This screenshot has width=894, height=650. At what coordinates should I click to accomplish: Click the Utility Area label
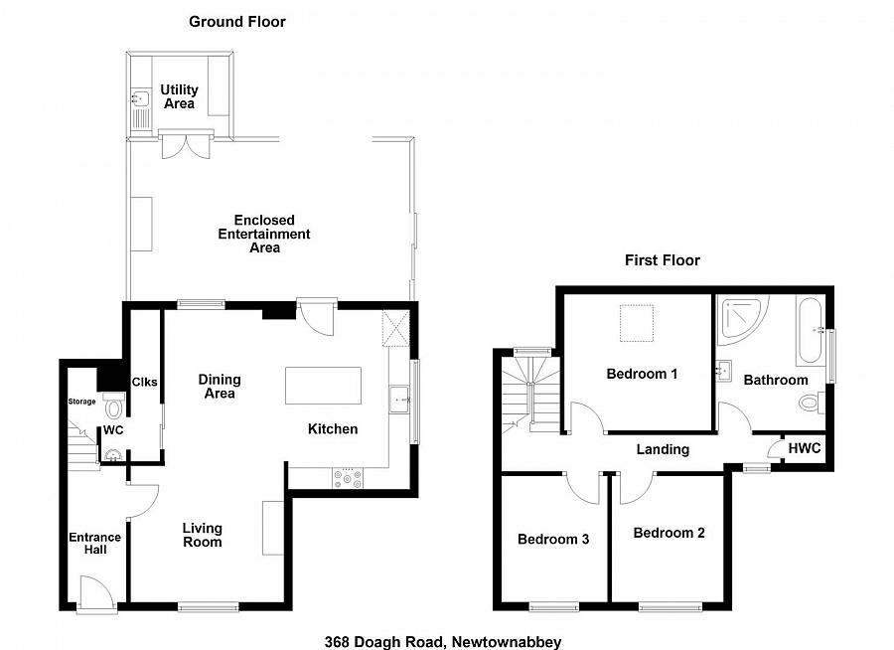point(179,96)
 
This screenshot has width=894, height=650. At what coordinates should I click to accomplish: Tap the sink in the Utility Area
point(140,109)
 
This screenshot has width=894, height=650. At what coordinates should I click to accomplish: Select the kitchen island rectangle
point(323,386)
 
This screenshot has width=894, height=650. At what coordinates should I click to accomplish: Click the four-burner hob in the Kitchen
point(348,478)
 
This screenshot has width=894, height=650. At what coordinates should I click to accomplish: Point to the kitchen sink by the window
point(399,400)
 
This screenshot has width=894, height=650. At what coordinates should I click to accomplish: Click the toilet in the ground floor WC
point(114,405)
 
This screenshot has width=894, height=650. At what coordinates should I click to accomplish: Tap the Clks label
point(144,383)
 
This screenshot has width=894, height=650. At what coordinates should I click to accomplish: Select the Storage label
point(82,402)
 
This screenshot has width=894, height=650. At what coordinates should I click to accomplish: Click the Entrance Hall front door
point(97,594)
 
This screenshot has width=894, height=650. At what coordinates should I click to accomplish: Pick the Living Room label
point(203,536)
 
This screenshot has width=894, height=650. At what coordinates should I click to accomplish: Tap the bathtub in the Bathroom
point(810,331)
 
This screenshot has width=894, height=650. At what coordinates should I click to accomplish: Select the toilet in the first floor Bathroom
point(812,403)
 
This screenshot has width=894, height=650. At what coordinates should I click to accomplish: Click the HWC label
point(805,448)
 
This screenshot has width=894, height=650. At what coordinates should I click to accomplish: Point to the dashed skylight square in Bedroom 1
point(637,323)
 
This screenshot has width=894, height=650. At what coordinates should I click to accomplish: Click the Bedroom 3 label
point(553,540)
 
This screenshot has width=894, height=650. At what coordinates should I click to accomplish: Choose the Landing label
point(663,449)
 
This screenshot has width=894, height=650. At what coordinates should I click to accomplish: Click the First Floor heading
point(662,260)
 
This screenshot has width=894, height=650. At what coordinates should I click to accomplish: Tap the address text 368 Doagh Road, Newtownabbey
point(443,642)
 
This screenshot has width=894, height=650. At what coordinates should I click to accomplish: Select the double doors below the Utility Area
point(187,144)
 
